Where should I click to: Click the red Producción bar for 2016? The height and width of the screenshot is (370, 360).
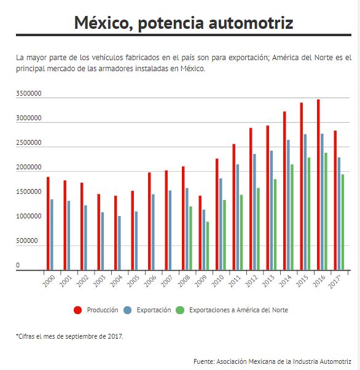[x=318, y=185]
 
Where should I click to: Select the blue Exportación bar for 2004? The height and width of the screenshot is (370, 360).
[x=119, y=243]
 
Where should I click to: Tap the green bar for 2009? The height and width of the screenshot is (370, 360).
[x=208, y=246]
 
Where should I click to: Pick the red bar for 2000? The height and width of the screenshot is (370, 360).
[x=48, y=223]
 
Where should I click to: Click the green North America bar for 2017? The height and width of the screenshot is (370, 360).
[x=343, y=222]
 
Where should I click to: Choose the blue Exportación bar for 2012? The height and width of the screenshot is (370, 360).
[x=254, y=212]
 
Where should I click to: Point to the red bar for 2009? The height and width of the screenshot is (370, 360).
[x=200, y=233]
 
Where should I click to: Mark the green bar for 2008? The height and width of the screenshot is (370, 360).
[x=190, y=238]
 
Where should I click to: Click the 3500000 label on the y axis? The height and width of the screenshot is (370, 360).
[x=29, y=93]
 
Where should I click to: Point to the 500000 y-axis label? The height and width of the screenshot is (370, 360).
[x=27, y=241]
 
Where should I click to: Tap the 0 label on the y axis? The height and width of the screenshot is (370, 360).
[x=18, y=265]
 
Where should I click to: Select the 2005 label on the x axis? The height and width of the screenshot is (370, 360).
[x=133, y=281]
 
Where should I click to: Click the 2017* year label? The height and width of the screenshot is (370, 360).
[x=335, y=282]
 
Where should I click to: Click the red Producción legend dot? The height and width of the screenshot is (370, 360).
[x=78, y=310]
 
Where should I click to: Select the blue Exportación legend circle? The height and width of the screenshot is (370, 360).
[x=128, y=310]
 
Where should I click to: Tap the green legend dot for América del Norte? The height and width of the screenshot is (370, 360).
[x=180, y=310]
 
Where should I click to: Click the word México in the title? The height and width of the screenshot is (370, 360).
[x=104, y=23]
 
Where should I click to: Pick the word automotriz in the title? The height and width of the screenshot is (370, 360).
[x=251, y=23]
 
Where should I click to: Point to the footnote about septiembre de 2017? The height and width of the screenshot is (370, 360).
[x=69, y=336]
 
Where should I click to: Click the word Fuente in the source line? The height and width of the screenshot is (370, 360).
[x=204, y=361]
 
